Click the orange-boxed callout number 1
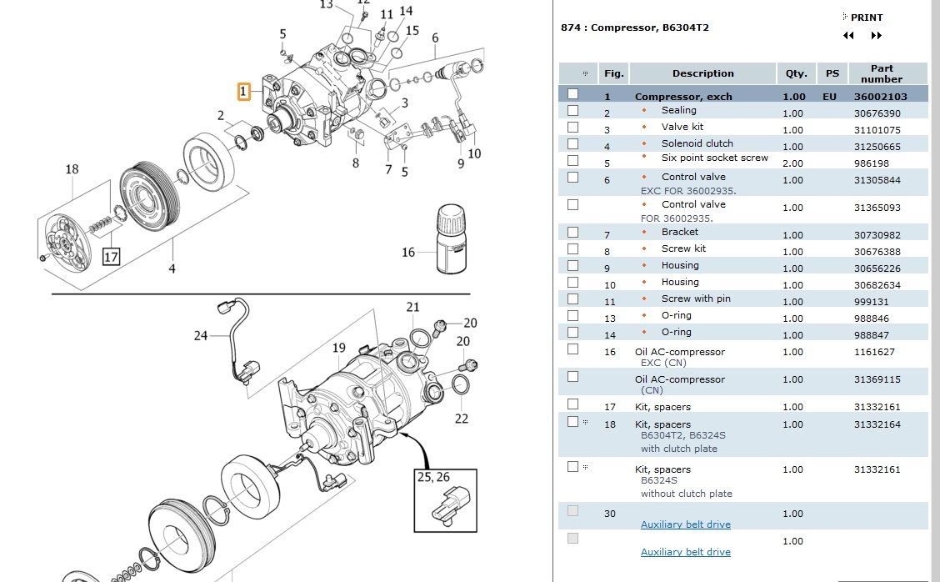pyautogui.click(x=243, y=91)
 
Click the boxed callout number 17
pyautogui.click(x=111, y=256)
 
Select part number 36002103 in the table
pyautogui.click(x=881, y=97)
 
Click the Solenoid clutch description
pyautogui.click(x=697, y=143)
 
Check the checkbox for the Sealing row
pyautogui.click(x=572, y=110)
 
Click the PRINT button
pyautogui.click(x=866, y=18)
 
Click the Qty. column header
pyautogui.click(x=796, y=73)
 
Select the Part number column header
pyautogui.click(x=881, y=73)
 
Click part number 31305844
pyautogui.click(x=877, y=180)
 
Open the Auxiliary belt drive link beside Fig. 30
pyautogui.click(x=685, y=524)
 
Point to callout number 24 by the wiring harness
pyautogui.click(x=201, y=336)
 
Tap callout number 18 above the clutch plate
pyautogui.click(x=72, y=169)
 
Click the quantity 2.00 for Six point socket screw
pyautogui.click(x=792, y=163)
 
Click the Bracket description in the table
pyautogui.click(x=679, y=232)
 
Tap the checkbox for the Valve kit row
pyautogui.click(x=572, y=127)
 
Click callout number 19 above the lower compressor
pyautogui.click(x=338, y=348)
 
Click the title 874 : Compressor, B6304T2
pyautogui.click(x=635, y=28)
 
